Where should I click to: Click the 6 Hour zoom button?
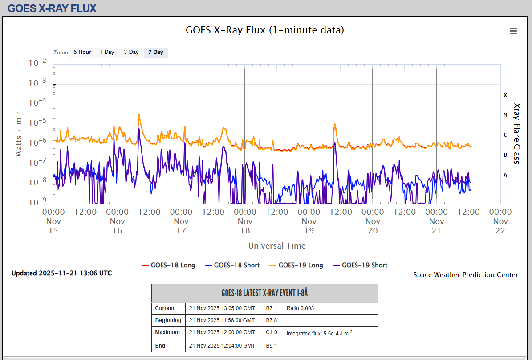[x=82, y=53]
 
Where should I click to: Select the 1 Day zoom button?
[x=107, y=53]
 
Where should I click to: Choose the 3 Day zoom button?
[x=131, y=53]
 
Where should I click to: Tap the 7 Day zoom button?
[x=156, y=53]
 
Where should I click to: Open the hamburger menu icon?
[x=513, y=31]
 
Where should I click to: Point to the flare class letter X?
[x=505, y=95]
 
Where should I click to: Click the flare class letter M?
[x=505, y=115]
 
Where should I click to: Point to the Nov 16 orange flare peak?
[x=139, y=115]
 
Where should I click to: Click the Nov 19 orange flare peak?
[x=334, y=124]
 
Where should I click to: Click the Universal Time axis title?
[x=277, y=245]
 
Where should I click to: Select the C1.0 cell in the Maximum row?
[x=272, y=332]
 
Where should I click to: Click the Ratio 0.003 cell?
[x=301, y=308]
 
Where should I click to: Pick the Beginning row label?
[x=168, y=320]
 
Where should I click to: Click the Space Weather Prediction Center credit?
[x=466, y=275]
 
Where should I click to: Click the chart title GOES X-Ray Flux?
[x=265, y=30]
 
